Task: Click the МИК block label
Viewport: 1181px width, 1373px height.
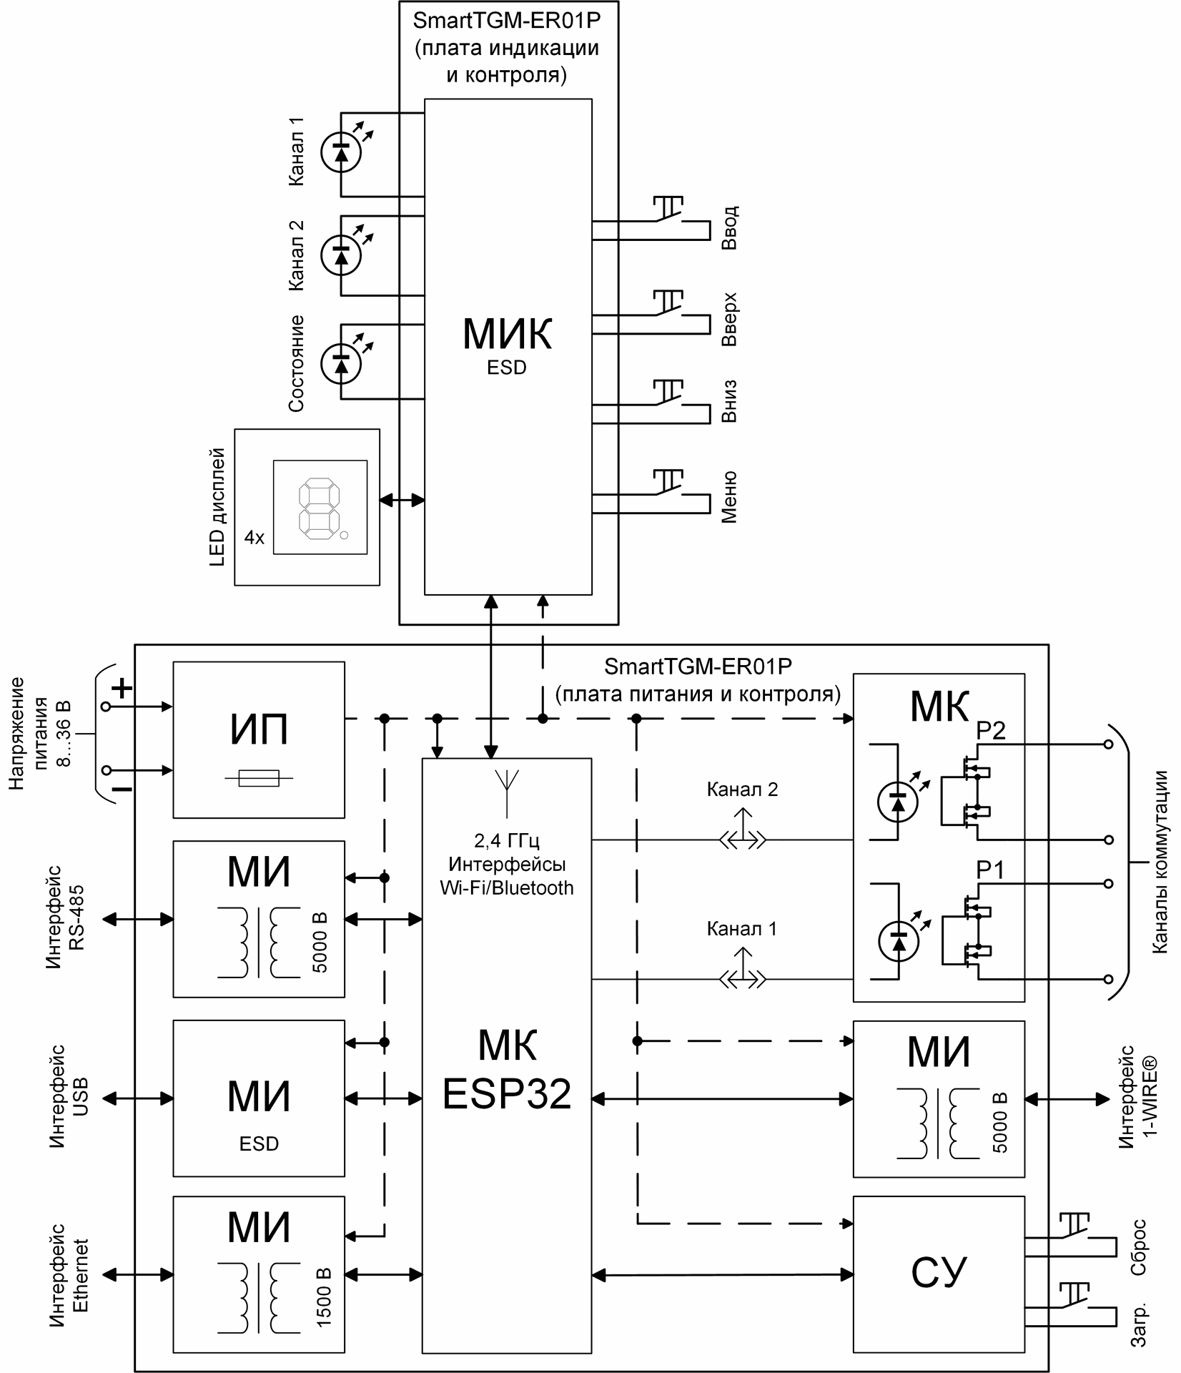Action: pos(508,333)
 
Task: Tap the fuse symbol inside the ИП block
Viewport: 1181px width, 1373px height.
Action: pos(259,778)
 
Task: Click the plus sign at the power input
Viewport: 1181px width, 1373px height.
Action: pos(122,689)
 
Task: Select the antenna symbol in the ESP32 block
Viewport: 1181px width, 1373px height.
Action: pos(507,792)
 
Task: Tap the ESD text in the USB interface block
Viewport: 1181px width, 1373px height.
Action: pos(259,1143)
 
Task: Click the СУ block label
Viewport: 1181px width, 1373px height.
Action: pos(939,1272)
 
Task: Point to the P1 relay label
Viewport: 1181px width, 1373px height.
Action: pos(990,870)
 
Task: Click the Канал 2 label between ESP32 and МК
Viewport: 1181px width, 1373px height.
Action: pos(742,789)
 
